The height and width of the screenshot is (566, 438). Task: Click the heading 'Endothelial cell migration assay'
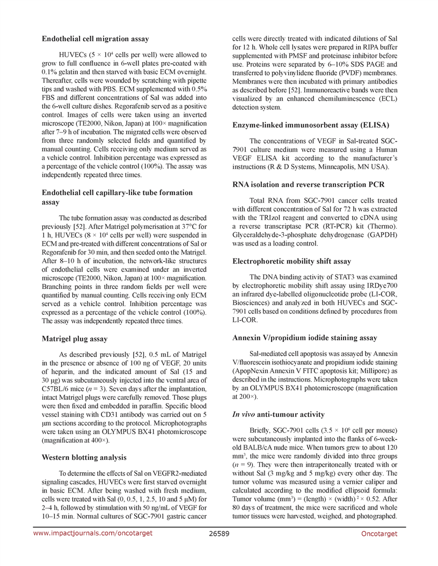point(96,39)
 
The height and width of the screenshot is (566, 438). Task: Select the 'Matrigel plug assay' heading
point(75,339)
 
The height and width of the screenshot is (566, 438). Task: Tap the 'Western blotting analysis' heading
point(84,457)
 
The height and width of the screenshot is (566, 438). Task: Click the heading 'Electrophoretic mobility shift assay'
point(292,261)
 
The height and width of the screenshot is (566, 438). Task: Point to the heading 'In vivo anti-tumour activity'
point(278,414)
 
